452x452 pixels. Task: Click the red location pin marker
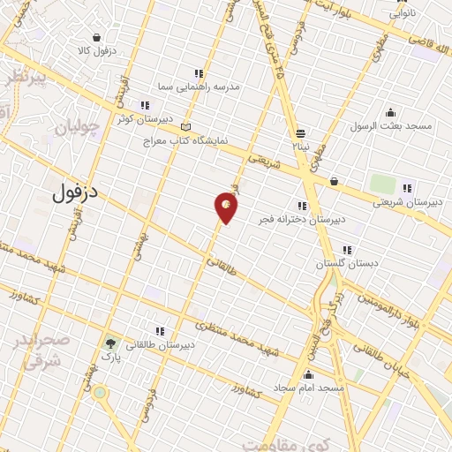coord(226,207)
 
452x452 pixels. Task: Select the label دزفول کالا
coord(99,51)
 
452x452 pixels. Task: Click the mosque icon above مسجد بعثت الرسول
coord(391,111)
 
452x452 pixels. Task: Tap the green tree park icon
coord(110,345)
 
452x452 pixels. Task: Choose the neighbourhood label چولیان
coord(73,128)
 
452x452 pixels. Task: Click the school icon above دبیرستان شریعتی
coord(407,187)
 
